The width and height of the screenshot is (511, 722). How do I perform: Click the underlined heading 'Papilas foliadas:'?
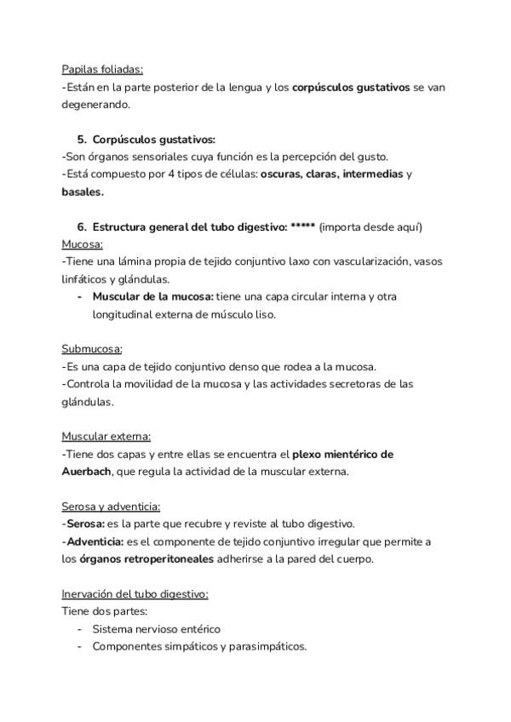(102, 69)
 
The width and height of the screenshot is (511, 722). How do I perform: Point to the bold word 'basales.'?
(83, 192)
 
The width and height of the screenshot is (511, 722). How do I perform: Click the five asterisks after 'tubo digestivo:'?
(302, 226)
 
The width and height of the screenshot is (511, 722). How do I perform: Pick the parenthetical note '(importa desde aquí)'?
(370, 226)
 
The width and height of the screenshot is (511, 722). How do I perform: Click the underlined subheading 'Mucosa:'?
(83, 244)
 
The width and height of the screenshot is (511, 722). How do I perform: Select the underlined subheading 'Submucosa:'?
(92, 349)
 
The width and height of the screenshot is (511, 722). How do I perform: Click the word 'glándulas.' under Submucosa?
(87, 401)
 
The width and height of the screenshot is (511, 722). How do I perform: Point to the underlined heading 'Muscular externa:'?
(106, 436)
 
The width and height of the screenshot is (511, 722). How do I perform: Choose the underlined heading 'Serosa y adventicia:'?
(111, 506)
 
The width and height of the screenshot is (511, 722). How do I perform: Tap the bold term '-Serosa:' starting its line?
(83, 523)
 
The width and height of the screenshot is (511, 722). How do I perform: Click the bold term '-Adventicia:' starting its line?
(93, 541)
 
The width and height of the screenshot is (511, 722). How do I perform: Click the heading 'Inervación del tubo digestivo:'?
(135, 593)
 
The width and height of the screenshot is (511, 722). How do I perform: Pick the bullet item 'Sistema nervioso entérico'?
(156, 628)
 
